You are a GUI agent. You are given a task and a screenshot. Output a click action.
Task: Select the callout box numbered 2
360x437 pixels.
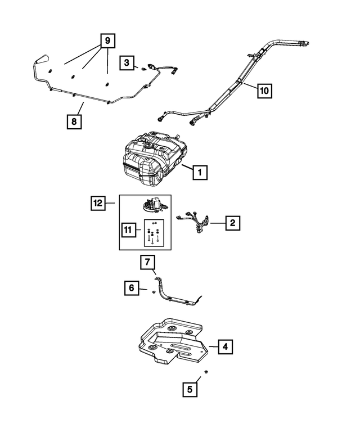[232, 223]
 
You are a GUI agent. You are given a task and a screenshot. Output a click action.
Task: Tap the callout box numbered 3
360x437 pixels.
[127, 63]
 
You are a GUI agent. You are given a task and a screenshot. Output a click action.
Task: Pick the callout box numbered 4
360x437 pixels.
[224, 347]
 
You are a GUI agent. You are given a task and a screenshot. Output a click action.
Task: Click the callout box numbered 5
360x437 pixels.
[190, 389]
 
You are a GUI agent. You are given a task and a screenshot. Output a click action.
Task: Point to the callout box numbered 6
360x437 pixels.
[132, 288]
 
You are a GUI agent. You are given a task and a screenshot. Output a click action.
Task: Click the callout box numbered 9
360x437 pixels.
[107, 40]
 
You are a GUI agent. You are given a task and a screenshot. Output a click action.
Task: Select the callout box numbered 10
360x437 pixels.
[265, 90]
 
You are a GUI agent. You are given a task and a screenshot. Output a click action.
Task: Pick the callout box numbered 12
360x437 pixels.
[98, 202]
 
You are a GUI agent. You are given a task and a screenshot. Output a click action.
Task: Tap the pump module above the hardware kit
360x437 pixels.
[152, 206]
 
